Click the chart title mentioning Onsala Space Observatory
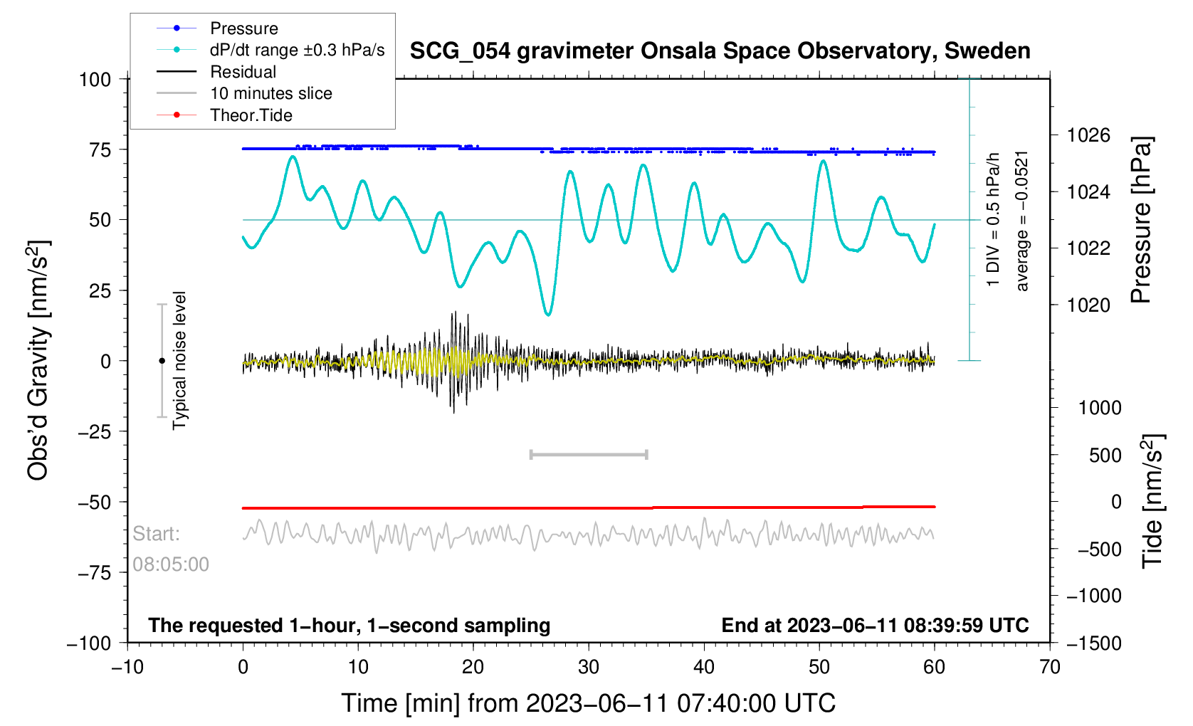720,51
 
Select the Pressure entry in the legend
243,28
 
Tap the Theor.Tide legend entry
251,115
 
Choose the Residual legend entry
243,72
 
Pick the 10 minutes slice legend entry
270,93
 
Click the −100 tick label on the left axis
89,643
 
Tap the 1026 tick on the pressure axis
1088,135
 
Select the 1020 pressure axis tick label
1088,305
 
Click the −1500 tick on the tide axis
1093,643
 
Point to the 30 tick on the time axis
589,667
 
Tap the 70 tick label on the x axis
1049,667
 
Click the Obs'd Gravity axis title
38,360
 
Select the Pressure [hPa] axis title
1141,221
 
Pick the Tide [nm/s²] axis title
1152,501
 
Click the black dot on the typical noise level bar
162,361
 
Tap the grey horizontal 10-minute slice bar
589,454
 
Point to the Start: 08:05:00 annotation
170,549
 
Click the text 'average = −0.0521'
1022,221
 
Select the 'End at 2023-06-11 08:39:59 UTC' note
875,626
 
